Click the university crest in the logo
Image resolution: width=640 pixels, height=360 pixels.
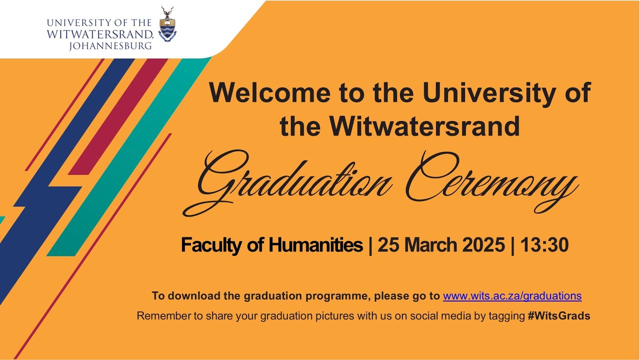coord(167,26)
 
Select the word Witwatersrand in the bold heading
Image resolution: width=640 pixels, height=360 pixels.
coord(424,126)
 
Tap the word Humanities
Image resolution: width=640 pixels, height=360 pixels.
coord(316,245)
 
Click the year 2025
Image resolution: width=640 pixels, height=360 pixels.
coord(483,245)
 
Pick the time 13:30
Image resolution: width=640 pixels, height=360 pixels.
coord(544,245)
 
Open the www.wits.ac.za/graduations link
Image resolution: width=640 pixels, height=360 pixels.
coord(512,296)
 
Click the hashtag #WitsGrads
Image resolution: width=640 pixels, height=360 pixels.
coord(558,316)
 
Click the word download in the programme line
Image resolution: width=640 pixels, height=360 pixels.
coord(195,296)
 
